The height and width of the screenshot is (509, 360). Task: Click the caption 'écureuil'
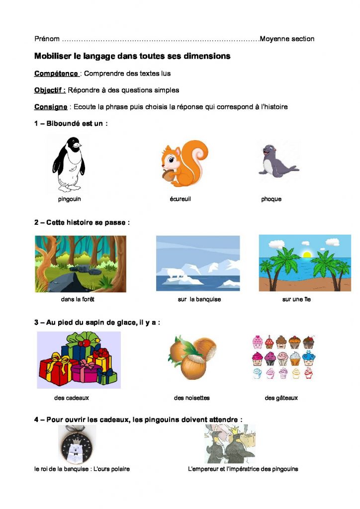180,199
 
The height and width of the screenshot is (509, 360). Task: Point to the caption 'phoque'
271,199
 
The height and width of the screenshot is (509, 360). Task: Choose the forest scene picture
80,264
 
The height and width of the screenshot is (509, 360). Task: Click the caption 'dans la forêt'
78,300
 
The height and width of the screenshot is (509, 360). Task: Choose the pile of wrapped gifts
79,360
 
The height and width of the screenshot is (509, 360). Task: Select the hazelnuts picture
192,358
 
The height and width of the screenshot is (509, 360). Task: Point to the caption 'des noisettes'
191,398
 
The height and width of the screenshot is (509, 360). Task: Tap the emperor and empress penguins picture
229,444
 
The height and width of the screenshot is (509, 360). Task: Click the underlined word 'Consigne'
51,107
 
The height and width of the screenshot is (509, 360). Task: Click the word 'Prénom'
47,39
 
